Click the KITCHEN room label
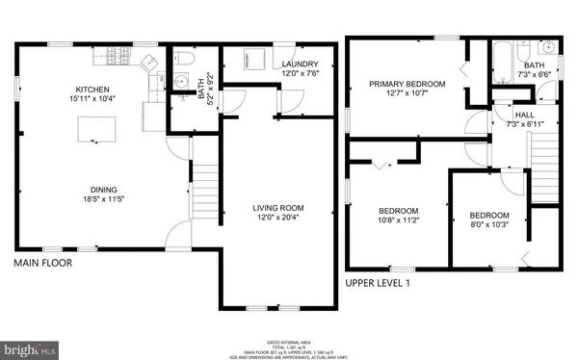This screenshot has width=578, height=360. [x=92, y=89]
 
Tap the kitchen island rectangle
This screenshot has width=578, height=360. [x=95, y=128]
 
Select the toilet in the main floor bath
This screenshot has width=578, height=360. [x=187, y=60]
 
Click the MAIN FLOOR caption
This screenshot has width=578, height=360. [x=43, y=262]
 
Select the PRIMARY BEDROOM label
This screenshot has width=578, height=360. [x=407, y=84]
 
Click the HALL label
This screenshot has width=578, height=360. [x=511, y=114]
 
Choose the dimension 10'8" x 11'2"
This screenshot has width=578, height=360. [x=397, y=221]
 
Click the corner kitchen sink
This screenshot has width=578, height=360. [x=151, y=63]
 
